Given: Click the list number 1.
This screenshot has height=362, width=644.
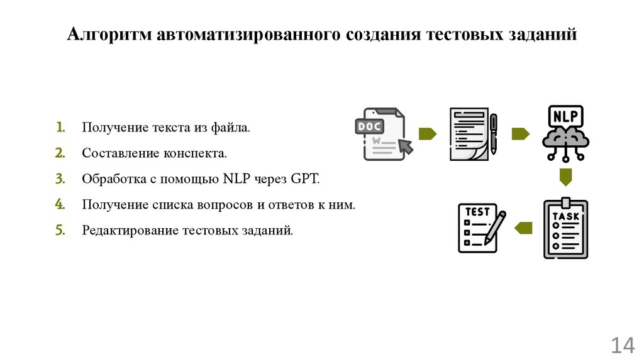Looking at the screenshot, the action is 59,128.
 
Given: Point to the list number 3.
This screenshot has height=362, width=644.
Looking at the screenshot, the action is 59,178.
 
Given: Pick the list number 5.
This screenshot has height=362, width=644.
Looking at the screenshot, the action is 59,230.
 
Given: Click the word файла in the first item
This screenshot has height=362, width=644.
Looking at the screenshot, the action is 233,128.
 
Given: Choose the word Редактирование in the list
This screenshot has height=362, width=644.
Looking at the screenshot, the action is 130,231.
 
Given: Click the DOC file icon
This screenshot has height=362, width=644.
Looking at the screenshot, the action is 380,134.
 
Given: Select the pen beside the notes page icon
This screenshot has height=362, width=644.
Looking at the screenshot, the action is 493,133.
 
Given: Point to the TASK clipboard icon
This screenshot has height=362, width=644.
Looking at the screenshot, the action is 565,229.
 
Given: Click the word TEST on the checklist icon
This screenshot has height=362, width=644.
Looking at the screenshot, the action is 477,212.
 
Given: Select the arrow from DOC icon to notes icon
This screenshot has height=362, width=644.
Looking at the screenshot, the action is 428,134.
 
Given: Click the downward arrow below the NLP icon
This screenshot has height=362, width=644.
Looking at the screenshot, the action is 566,176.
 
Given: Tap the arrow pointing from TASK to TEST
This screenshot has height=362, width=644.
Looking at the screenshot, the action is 523,228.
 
